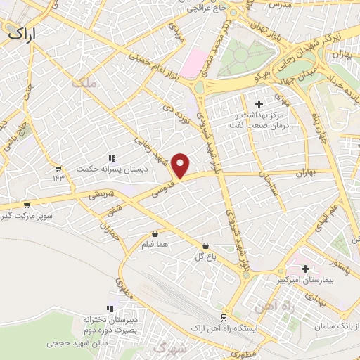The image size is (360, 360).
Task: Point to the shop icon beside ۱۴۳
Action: coord(58,168)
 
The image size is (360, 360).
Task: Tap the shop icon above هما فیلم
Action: coord(155,233)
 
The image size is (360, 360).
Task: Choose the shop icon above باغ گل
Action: coord(205,246)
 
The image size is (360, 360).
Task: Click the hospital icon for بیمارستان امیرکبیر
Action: coord(306,268)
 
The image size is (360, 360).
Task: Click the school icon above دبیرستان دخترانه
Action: coord(109,309)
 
